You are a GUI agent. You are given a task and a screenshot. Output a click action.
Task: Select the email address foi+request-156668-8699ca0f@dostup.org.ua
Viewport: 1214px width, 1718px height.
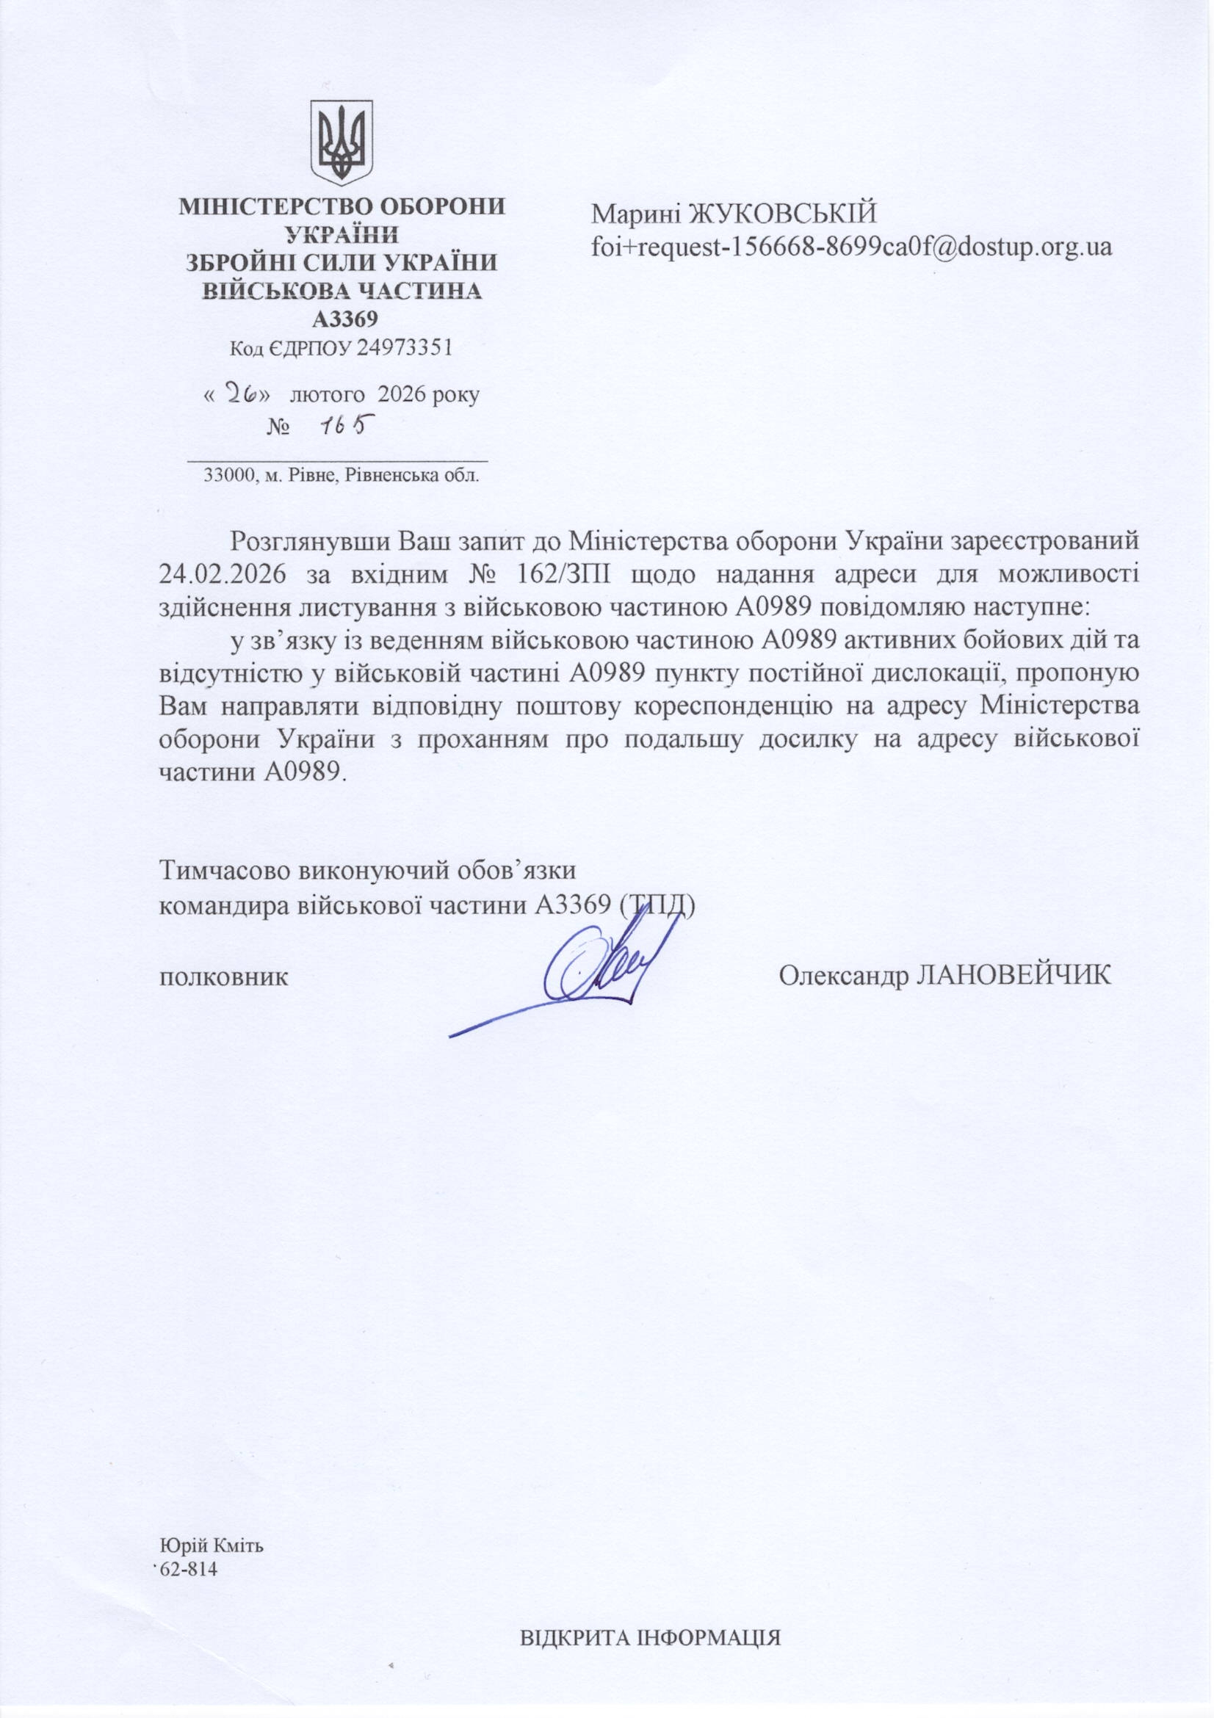pyautogui.click(x=851, y=246)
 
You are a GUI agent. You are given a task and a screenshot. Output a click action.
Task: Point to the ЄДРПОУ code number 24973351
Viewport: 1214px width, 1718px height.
pyautogui.click(x=404, y=348)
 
